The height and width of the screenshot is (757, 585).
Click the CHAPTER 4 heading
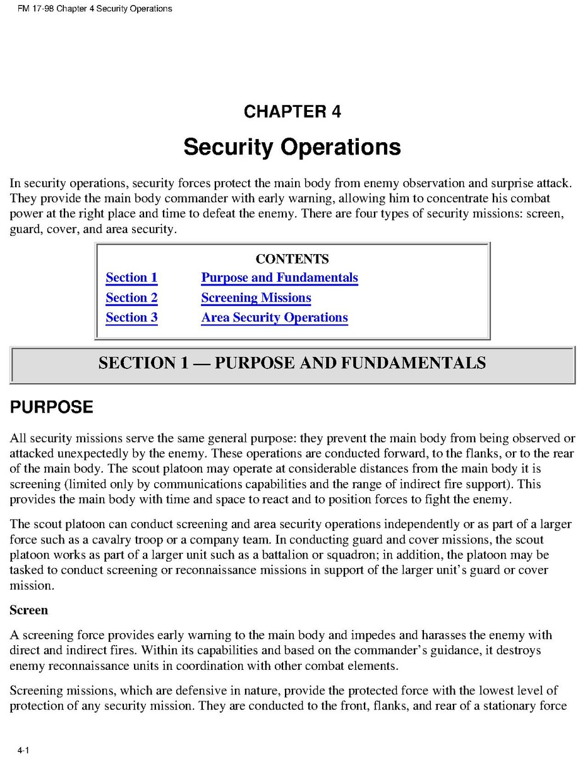(292, 112)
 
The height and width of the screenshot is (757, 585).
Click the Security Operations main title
(292, 147)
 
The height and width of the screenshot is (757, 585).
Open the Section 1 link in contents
(131, 278)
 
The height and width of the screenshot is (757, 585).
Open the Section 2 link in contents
(131, 298)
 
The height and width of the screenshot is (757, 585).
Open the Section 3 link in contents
(131, 317)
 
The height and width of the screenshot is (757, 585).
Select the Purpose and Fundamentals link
(279, 278)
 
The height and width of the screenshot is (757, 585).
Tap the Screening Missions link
(256, 298)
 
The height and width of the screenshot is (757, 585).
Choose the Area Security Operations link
(274, 317)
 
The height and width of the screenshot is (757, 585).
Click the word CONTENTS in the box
(292, 259)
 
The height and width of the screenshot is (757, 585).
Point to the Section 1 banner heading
(292, 363)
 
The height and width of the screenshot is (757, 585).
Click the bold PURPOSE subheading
(51, 408)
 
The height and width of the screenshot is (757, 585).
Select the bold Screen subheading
(28, 610)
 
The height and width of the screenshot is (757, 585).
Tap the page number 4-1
(24, 750)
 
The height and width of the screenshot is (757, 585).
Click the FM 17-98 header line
(90, 9)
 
